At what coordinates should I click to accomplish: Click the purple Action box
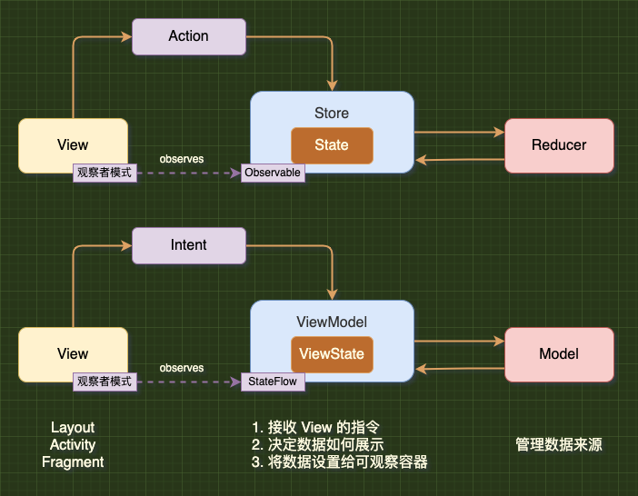click(x=189, y=36)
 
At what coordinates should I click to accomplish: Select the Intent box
click(x=189, y=245)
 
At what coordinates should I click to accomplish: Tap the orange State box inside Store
click(x=332, y=145)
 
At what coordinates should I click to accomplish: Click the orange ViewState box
click(x=332, y=354)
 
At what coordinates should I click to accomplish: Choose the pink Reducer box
click(x=559, y=145)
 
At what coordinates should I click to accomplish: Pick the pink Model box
click(x=559, y=354)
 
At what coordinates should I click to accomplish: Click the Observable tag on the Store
click(x=273, y=173)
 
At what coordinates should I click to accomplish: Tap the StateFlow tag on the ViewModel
click(x=273, y=382)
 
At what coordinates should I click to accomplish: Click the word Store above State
click(x=332, y=113)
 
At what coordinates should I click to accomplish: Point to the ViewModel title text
click(x=332, y=322)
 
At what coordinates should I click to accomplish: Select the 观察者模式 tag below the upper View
click(x=105, y=173)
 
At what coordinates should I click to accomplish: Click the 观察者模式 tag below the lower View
click(x=105, y=382)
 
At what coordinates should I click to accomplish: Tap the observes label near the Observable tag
click(x=182, y=159)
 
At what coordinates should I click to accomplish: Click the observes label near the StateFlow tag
click(x=182, y=368)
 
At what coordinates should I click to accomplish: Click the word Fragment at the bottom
click(x=73, y=462)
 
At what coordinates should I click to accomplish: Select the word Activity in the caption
click(x=73, y=445)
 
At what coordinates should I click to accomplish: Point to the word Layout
click(x=73, y=427)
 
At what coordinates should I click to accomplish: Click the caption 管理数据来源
click(x=559, y=444)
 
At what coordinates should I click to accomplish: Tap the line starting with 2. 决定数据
click(x=317, y=445)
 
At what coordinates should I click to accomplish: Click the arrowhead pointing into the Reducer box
click(x=499, y=132)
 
